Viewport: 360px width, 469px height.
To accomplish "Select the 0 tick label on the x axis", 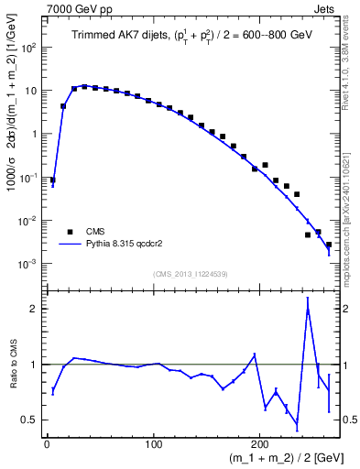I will click(47, 443).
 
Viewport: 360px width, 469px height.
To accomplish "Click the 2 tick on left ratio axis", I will click(35, 309).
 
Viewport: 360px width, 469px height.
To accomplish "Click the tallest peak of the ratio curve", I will click(308, 299).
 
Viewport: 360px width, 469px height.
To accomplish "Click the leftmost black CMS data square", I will click(52, 180).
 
